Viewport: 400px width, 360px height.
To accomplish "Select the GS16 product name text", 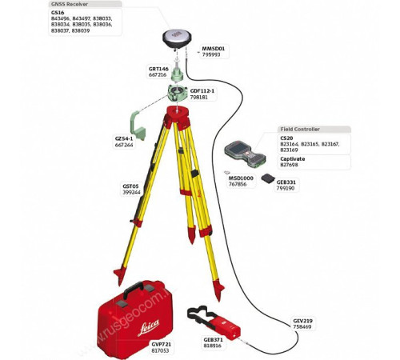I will [58, 13].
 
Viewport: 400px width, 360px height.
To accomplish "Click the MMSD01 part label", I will [213, 48].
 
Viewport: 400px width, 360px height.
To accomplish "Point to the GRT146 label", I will [158, 69].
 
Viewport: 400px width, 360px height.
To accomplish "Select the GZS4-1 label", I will [124, 138].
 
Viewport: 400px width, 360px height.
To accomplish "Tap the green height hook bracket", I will [142, 128].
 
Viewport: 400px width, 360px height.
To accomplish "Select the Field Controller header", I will [300, 129].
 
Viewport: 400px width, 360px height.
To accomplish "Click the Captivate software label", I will [292, 158].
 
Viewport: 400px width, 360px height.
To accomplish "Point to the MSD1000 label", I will [242, 178].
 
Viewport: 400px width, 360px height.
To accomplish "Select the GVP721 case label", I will [162, 344].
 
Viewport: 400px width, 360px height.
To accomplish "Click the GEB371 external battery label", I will [214, 339].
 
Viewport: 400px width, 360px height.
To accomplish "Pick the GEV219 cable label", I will [303, 321].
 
